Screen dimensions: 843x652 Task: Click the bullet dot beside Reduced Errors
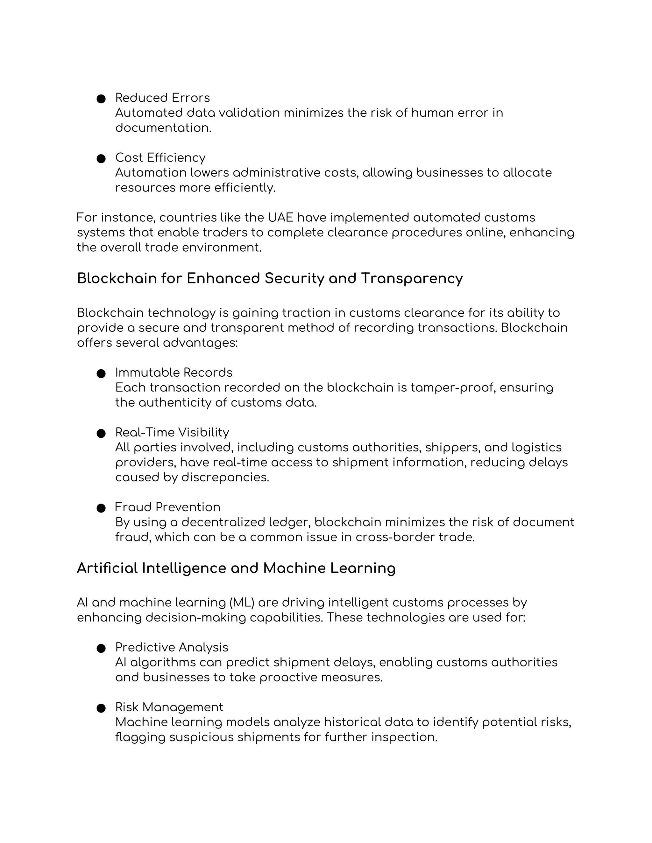coord(101,99)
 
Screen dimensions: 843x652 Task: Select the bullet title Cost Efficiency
coord(160,157)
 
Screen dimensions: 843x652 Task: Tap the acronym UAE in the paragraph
coord(280,218)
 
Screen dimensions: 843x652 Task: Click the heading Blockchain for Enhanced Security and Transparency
coord(270,278)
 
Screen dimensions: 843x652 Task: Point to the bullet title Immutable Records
coord(174,373)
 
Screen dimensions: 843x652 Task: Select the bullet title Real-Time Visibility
coord(172,432)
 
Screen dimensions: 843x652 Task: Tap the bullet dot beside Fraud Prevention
coord(101,508)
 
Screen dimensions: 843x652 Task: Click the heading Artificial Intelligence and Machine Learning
coord(236,568)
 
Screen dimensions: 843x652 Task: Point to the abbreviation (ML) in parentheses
coord(241,603)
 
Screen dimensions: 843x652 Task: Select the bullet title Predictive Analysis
coord(172,647)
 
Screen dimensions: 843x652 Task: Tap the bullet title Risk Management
coord(169,707)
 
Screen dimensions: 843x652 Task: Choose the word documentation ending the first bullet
coord(163,128)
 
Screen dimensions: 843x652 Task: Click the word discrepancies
coord(225,477)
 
